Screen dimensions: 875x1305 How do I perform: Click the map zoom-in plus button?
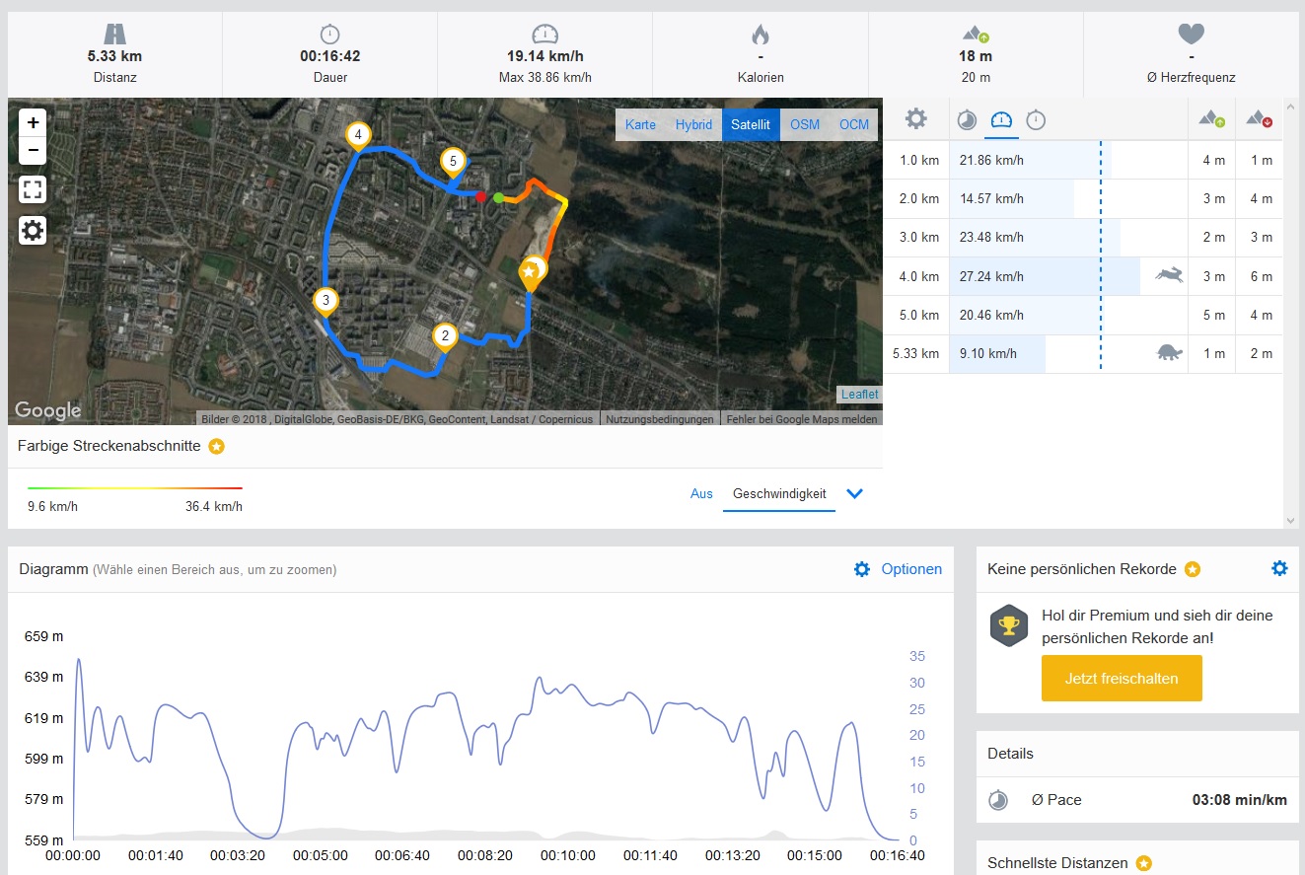click(x=34, y=122)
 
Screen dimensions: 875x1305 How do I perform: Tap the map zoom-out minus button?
click(x=34, y=150)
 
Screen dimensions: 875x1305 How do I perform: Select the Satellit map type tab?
click(x=751, y=124)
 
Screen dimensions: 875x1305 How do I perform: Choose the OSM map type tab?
click(x=805, y=124)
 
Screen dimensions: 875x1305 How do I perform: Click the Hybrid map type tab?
click(x=693, y=124)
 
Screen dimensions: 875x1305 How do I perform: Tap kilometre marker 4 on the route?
click(x=358, y=135)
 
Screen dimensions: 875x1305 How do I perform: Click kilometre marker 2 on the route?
click(x=445, y=336)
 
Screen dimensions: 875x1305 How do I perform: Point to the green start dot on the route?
click(x=499, y=198)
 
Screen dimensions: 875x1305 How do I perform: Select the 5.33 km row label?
click(x=915, y=353)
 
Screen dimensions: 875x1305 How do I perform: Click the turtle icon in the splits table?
click(x=1169, y=352)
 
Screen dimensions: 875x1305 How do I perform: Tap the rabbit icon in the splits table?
click(x=1169, y=275)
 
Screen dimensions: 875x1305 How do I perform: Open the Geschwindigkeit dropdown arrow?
click(x=855, y=494)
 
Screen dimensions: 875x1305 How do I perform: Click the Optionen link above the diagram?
click(x=911, y=569)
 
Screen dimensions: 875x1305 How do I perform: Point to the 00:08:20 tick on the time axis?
click(x=485, y=855)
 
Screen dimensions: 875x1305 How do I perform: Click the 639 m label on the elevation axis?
click(x=43, y=677)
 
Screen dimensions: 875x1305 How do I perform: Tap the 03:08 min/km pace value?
click(x=1240, y=800)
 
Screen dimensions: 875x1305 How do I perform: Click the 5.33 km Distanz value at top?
click(x=113, y=56)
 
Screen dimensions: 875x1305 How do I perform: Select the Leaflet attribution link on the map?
click(x=859, y=395)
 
